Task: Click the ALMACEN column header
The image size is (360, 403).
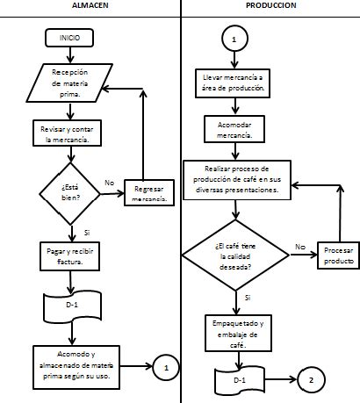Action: coord(90,5)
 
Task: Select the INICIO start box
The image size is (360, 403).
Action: coord(69,39)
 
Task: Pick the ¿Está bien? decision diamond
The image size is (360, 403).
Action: coord(69,192)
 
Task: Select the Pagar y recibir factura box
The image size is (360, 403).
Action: coord(69,255)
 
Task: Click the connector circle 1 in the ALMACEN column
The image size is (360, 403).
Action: coord(166,368)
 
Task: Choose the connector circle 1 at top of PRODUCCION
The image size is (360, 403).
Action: coord(234,40)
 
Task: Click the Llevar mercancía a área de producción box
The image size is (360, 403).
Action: coord(233,83)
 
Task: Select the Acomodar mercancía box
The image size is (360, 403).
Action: coord(233,131)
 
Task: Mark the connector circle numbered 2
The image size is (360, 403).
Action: coord(310,380)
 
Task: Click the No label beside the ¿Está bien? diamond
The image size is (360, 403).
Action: coord(110,184)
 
